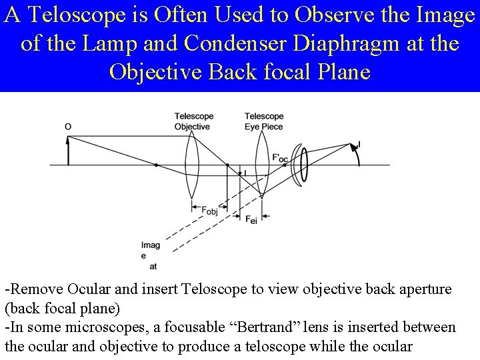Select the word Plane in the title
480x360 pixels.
(x=337, y=71)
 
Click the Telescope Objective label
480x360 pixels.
(x=192, y=121)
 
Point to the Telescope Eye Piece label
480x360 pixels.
(x=264, y=121)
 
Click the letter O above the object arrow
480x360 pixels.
(x=68, y=127)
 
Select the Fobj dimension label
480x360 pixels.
(x=210, y=211)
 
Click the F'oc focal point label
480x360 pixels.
(x=280, y=158)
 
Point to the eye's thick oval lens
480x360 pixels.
(x=305, y=165)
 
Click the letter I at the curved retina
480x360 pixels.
(x=360, y=144)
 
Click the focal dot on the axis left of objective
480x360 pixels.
(x=156, y=165)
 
